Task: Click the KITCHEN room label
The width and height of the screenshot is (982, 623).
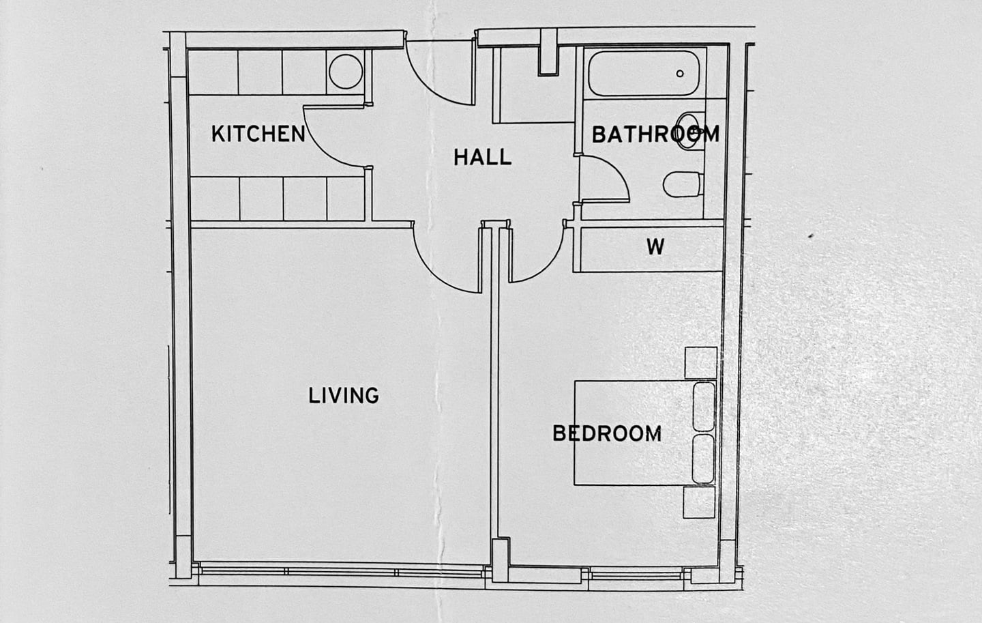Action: (258, 134)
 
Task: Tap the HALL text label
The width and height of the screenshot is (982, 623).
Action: (482, 158)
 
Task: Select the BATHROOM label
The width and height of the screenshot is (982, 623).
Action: (655, 134)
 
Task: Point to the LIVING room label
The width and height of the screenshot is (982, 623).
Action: (344, 396)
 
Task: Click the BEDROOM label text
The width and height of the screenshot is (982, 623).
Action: (606, 434)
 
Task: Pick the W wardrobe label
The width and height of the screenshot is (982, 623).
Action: (655, 246)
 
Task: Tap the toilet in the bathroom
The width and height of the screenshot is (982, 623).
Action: (683, 184)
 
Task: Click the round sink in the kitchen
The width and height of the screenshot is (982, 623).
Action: (344, 70)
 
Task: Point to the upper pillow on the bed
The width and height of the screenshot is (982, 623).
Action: (704, 407)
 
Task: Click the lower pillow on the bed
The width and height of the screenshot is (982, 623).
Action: (704, 459)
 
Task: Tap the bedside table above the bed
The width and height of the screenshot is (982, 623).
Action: (700, 362)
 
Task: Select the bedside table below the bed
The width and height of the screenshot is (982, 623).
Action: (700, 504)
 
